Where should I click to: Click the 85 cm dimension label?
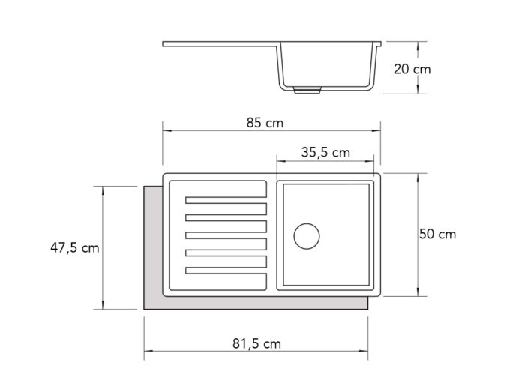coord(265,123)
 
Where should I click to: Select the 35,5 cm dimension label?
coord(325,153)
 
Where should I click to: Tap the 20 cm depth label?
coord(412,69)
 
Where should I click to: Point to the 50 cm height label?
coord(437,234)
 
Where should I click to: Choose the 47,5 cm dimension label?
coord(75,248)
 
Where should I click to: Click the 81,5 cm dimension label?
coord(256,343)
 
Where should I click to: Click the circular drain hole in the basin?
coord(307,236)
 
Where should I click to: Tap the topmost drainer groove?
coord(226,200)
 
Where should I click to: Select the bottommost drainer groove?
coord(226,271)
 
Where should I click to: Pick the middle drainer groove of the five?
coord(226,235)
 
